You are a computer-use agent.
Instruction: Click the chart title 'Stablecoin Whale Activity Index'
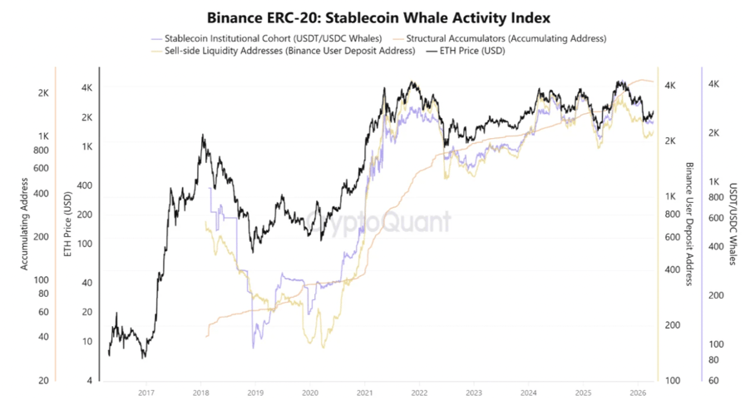pyautogui.click(x=372, y=17)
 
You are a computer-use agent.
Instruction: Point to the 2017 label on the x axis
pyautogui.click(x=146, y=392)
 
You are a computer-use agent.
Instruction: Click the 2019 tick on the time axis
pyautogui.click(x=255, y=392)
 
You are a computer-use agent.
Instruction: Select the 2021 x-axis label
pyautogui.click(x=364, y=392)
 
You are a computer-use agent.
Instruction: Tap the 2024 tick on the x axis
pyautogui.click(x=527, y=392)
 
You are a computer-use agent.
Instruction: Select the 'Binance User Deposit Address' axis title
pyautogui.click(x=689, y=225)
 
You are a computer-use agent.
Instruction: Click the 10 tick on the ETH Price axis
pyautogui.click(x=87, y=342)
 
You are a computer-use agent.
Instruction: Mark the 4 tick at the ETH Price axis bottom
pyautogui.click(x=90, y=380)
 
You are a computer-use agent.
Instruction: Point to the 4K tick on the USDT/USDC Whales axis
pyautogui.click(x=713, y=84)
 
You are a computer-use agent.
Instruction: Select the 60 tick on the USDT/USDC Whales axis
pyautogui.click(x=712, y=380)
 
